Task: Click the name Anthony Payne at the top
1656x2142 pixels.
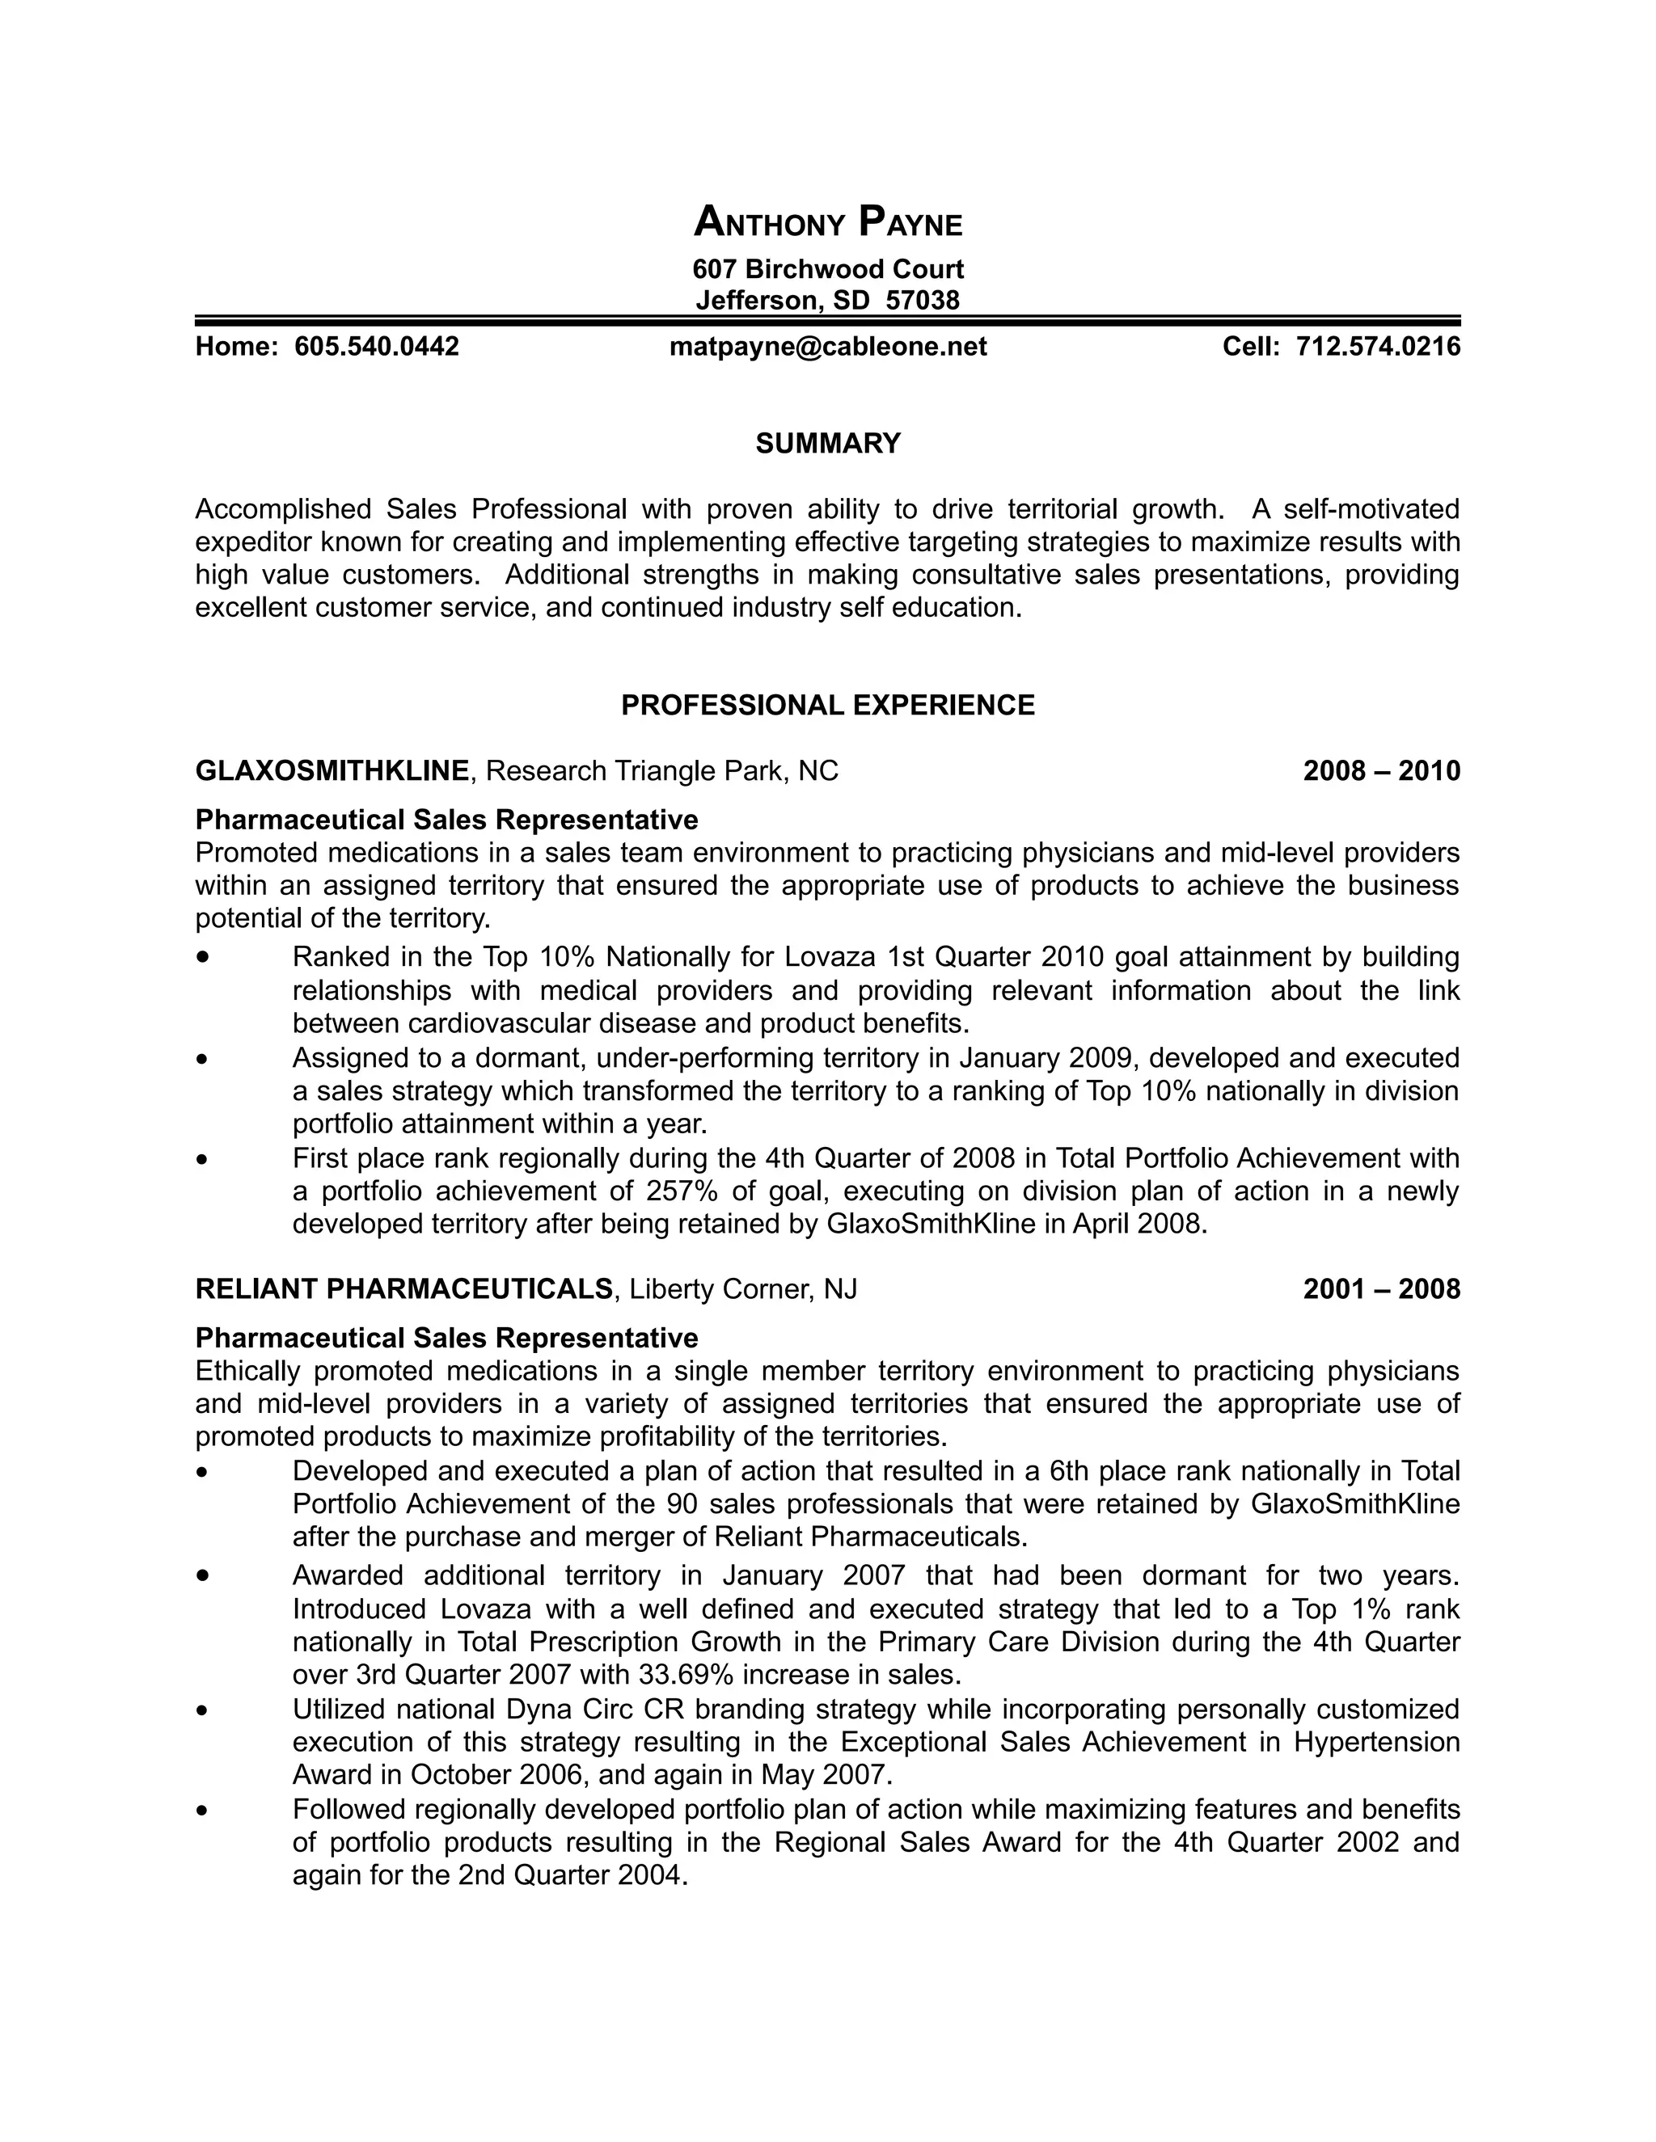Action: (x=828, y=222)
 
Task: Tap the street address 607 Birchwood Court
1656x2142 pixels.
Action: (x=828, y=268)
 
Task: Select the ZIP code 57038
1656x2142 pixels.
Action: (x=922, y=299)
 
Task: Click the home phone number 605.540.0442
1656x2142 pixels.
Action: (x=377, y=346)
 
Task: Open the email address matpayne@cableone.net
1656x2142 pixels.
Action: (x=828, y=346)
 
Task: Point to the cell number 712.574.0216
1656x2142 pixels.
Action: (x=1379, y=346)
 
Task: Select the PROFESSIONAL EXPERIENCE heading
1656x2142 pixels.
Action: (x=828, y=705)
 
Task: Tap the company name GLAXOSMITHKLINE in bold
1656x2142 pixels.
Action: (x=332, y=771)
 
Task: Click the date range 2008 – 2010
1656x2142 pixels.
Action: (x=1381, y=771)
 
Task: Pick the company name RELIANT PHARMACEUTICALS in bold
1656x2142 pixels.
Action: (x=404, y=1288)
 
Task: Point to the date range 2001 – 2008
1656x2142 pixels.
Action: (x=1381, y=1288)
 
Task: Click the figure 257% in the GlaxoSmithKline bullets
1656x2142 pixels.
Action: (x=682, y=1191)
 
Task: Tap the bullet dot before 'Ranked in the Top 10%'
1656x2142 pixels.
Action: (x=203, y=956)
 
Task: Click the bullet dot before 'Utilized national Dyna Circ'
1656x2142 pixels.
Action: (x=203, y=1710)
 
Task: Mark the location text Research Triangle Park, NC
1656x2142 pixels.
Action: (x=662, y=771)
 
